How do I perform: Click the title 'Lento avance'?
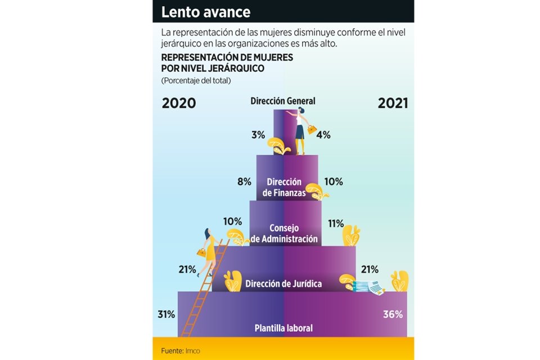click(206, 12)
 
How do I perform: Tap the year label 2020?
click(179, 103)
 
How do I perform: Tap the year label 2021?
click(393, 103)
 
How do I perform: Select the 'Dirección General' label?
click(283, 101)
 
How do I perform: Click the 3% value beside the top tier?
click(258, 135)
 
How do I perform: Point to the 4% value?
click(323, 135)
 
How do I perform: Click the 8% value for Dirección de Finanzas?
click(244, 182)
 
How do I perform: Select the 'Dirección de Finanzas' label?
click(284, 187)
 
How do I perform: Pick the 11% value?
click(336, 223)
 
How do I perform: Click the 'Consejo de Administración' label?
click(284, 233)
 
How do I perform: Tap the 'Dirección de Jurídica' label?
click(283, 283)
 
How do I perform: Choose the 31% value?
click(166, 314)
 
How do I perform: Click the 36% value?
click(393, 314)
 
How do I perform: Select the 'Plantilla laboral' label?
click(283, 328)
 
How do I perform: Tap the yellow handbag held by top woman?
click(311, 130)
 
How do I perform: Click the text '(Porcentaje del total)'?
click(196, 81)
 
